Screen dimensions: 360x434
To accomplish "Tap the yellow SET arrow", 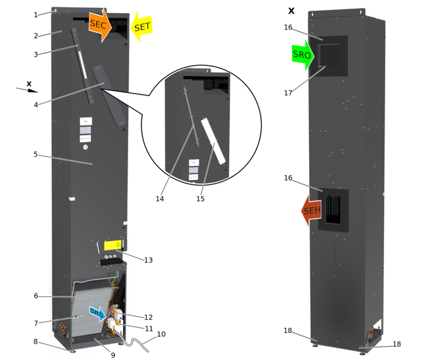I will click(142, 26).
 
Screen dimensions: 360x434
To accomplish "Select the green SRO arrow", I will click(303, 55).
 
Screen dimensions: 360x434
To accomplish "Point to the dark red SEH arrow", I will click(310, 211).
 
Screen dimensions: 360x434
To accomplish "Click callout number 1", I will click(36, 14).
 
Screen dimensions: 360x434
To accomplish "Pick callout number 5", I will click(36, 155).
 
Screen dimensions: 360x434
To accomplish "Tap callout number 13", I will click(149, 261).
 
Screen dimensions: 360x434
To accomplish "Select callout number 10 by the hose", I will click(161, 334).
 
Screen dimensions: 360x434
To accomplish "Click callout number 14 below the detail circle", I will click(160, 198).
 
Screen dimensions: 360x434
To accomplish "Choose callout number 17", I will click(288, 93).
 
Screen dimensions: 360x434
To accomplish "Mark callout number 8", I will click(36, 341).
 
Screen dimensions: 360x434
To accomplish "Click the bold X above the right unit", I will click(291, 11).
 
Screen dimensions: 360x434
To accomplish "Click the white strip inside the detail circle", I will click(212, 140).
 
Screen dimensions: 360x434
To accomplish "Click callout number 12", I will click(149, 318).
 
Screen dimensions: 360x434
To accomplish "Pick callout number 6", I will click(36, 296).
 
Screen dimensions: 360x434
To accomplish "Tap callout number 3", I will click(36, 55).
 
